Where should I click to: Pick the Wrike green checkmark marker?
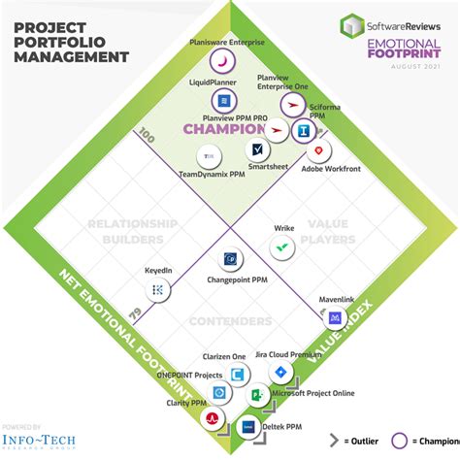tap(282, 247)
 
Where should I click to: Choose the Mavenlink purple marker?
tap(335, 317)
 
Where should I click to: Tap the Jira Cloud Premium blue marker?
tap(280, 373)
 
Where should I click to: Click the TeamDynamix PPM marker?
tap(208, 155)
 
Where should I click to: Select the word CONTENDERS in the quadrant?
tap(230, 319)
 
